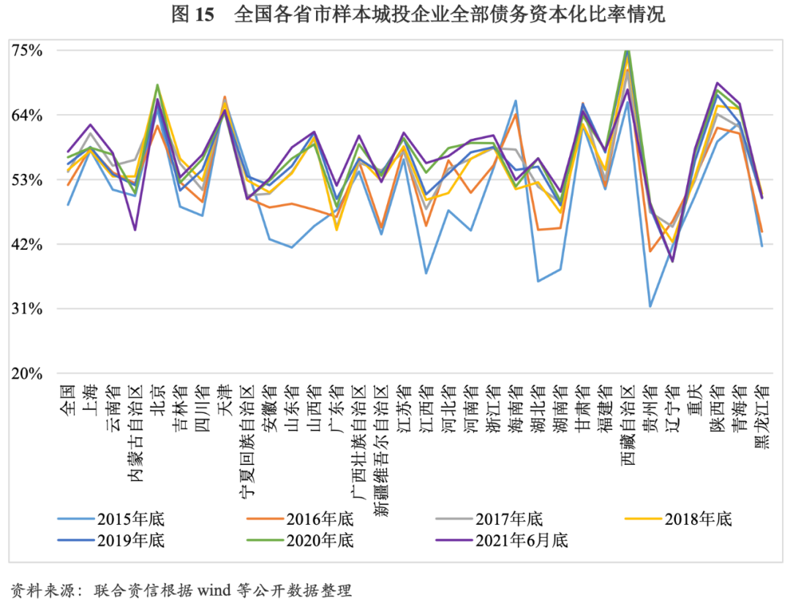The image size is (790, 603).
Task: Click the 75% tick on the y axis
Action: pos(27,50)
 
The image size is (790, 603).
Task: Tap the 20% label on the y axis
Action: pos(27,373)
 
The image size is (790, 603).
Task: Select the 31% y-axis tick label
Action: pos(27,308)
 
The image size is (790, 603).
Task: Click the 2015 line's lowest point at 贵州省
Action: pos(650,306)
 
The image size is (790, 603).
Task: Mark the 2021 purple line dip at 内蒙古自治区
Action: pos(135,230)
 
